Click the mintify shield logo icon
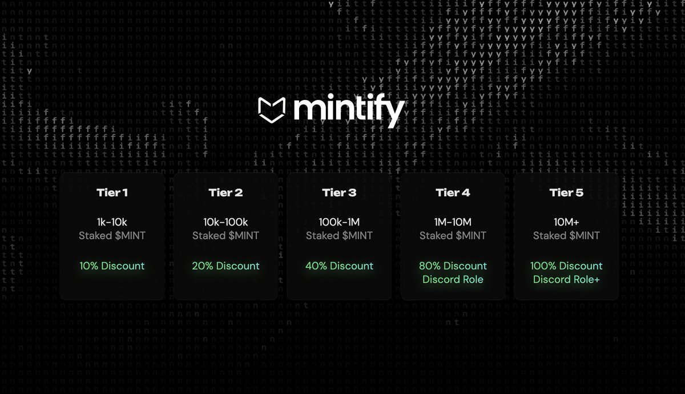(x=272, y=109)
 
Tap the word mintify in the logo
(x=349, y=109)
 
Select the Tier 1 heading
(x=112, y=192)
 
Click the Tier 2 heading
(x=225, y=192)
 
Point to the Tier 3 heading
(x=339, y=192)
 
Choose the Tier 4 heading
(x=453, y=192)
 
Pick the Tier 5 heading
(x=566, y=192)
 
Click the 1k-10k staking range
(x=112, y=222)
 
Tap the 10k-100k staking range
(x=225, y=222)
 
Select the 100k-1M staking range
(x=339, y=222)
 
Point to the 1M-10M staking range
(x=453, y=222)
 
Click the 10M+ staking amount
(x=566, y=222)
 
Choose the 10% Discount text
(x=112, y=266)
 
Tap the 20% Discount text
(x=225, y=266)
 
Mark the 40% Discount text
(x=339, y=266)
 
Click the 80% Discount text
(x=453, y=266)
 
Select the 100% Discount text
(x=566, y=266)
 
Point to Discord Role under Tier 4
(x=453, y=279)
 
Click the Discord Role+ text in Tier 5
(x=566, y=279)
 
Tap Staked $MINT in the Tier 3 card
(x=339, y=235)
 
